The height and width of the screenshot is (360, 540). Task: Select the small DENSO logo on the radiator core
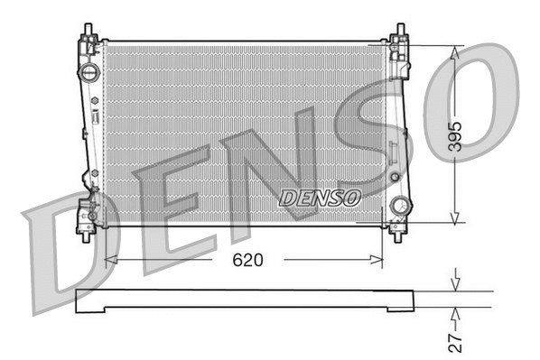click(320, 196)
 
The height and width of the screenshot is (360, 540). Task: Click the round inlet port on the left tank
click(88, 71)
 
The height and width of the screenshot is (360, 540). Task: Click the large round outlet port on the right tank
click(398, 206)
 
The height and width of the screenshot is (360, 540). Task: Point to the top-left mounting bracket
click(88, 42)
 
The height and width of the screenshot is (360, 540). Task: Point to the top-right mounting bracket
click(398, 42)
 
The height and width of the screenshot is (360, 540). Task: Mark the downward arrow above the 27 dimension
click(455, 283)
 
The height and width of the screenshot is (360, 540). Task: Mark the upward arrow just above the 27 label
click(455, 314)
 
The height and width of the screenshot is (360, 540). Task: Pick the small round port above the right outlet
click(394, 177)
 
